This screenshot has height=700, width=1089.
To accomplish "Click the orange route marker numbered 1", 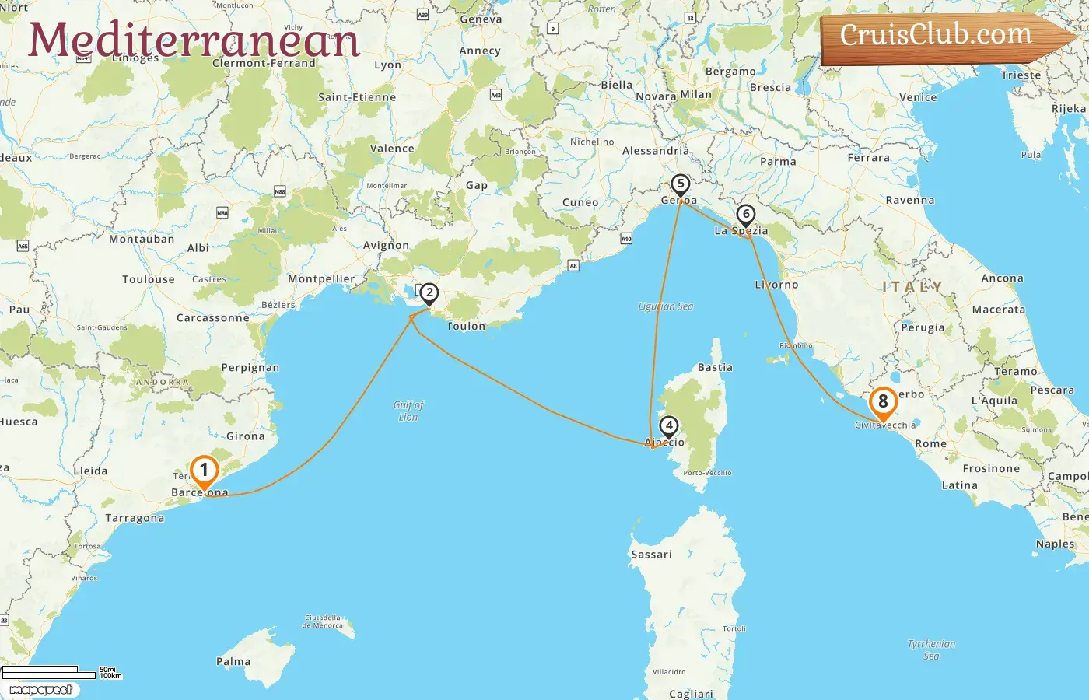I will [x=204, y=471].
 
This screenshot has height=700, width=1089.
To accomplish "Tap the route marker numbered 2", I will [x=429, y=294].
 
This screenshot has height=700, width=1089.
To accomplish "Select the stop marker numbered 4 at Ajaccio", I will [x=668, y=426].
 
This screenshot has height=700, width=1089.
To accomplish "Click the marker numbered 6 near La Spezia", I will [x=745, y=215].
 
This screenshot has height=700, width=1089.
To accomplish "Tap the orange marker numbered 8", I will [x=883, y=402].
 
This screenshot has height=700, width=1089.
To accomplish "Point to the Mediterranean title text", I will [x=194, y=40].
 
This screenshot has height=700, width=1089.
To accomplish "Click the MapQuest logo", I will [x=40, y=689].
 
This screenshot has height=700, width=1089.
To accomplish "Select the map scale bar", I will [x=51, y=671].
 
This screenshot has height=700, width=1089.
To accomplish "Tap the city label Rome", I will [x=930, y=444].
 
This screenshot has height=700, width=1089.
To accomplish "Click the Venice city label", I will [x=918, y=97].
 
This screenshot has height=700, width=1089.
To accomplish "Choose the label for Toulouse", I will [x=149, y=279].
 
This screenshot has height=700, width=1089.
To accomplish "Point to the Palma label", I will [x=233, y=661].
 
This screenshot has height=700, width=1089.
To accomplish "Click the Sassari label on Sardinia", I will [x=651, y=555].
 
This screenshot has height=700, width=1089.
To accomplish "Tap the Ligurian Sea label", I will [x=666, y=306].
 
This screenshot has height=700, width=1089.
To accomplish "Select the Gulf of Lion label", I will [x=408, y=411].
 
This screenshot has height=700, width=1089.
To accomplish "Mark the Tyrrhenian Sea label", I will [x=931, y=649].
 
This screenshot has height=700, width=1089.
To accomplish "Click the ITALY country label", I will [x=912, y=287].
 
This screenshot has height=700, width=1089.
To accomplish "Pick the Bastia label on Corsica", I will [x=715, y=367].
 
